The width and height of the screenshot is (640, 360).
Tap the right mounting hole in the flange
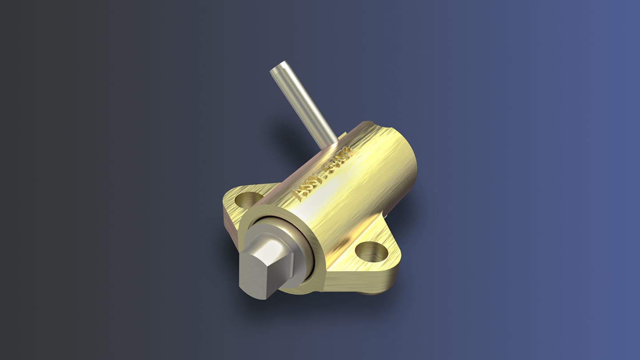372,252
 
